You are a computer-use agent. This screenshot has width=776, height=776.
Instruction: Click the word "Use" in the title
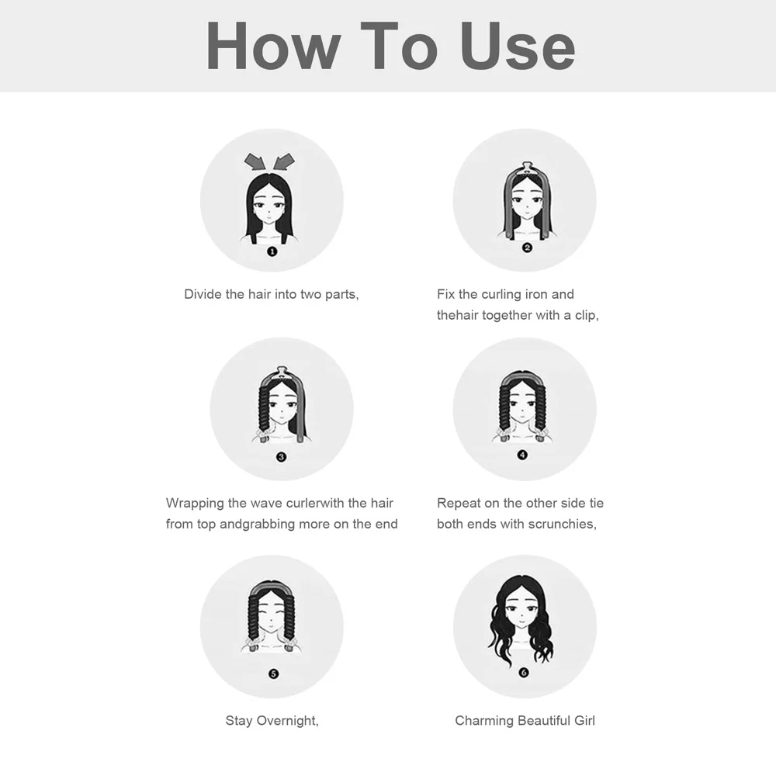pos(518,46)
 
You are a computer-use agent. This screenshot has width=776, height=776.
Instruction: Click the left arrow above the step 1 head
pos(255,162)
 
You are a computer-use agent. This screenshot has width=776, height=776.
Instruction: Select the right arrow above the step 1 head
pos(283,162)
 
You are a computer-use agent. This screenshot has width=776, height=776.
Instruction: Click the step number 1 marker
pos(272,251)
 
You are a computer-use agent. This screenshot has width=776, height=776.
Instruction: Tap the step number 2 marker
pos(527,248)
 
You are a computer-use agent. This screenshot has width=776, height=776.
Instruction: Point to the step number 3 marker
pos(281,457)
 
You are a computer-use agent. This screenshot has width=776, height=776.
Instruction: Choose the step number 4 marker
pos(522,455)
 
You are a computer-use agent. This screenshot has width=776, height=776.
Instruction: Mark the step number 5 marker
pos(273,674)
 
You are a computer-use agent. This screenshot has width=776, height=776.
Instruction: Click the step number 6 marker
pos(524,672)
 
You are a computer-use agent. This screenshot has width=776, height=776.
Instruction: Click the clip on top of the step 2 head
pos(526,168)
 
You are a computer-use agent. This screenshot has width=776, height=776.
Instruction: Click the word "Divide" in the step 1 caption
pos(203,294)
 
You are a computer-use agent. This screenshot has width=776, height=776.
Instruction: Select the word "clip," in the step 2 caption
pos(587,315)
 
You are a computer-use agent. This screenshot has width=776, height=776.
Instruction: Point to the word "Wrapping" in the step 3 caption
pos(195,504)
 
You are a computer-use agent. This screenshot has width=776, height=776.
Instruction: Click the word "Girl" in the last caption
pos(584,721)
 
